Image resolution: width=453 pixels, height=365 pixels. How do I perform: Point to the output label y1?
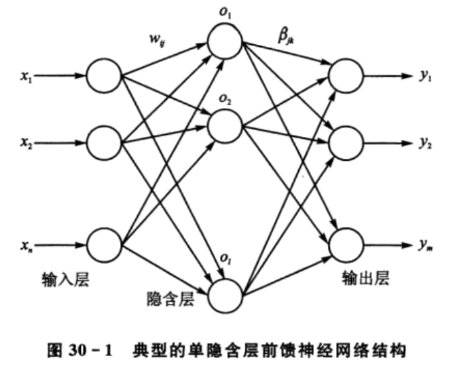click(x=425, y=76)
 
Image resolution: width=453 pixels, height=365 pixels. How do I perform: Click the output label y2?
click(x=425, y=143)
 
